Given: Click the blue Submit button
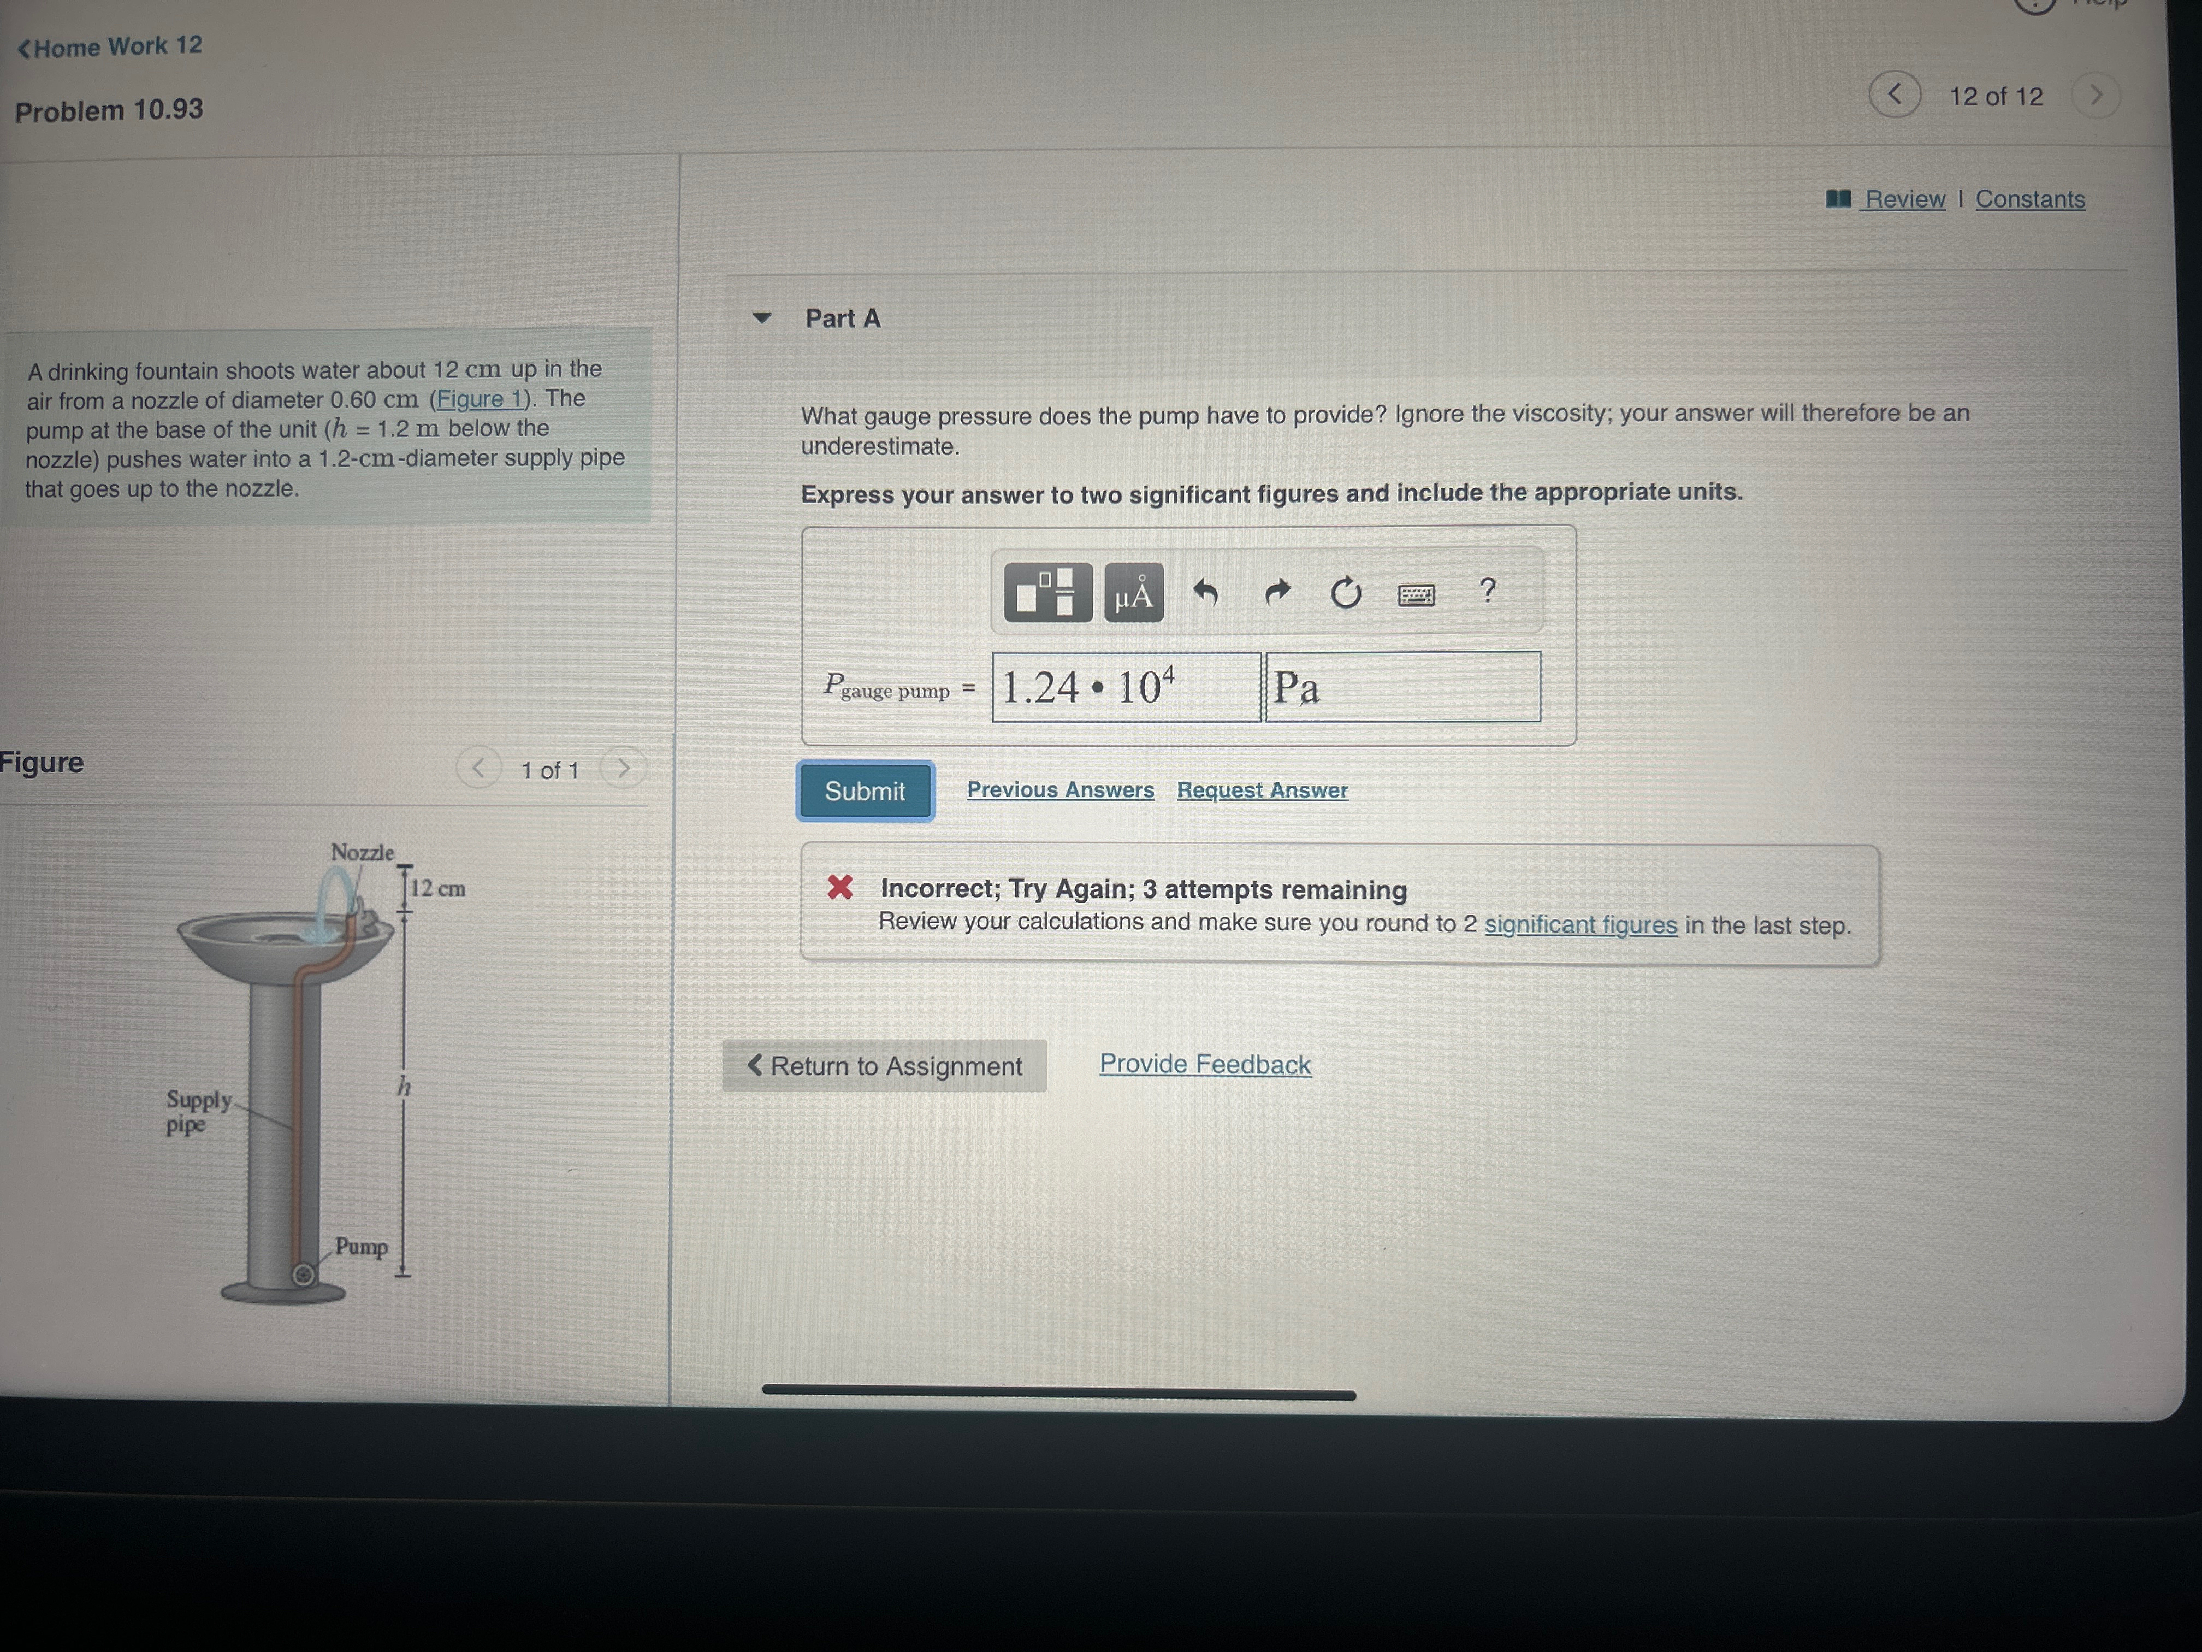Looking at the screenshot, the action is tap(864, 790).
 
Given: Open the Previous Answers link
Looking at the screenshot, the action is tap(1060, 789).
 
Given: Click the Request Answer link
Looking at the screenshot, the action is tap(1262, 789).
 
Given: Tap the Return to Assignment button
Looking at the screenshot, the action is tap(884, 1065).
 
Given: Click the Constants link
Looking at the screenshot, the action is tap(2030, 199).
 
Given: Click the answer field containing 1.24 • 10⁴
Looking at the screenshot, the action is tap(1126, 687).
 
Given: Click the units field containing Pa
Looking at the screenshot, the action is tap(1402, 686).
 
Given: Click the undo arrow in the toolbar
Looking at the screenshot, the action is tap(1205, 593).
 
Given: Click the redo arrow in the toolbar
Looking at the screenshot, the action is tap(1277, 593).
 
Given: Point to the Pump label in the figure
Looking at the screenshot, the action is tap(362, 1246).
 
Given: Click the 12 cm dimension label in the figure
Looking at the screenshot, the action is tap(438, 888).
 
